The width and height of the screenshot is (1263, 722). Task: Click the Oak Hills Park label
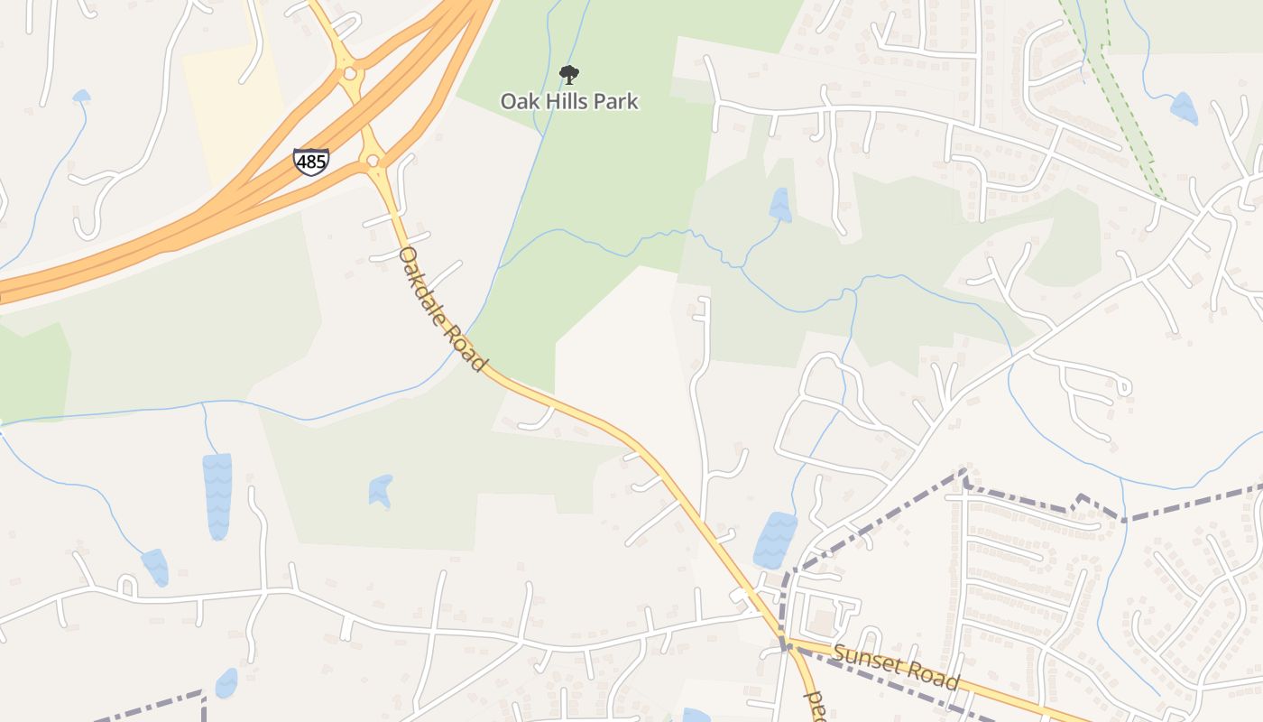point(569,101)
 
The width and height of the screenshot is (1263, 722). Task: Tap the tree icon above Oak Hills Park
point(569,74)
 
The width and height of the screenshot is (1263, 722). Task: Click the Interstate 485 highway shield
point(311,162)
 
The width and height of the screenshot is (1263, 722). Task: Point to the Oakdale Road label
point(443,308)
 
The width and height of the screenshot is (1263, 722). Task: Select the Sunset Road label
point(896,667)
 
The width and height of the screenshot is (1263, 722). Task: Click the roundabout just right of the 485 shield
point(373,162)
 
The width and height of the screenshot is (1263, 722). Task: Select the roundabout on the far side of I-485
point(350,72)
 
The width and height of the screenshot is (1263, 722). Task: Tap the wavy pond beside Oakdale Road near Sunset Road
point(774,540)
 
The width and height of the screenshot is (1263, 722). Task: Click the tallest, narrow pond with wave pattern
point(217,495)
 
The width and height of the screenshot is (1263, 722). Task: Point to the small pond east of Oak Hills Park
point(779,206)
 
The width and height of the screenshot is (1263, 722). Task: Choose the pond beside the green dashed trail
point(1184,108)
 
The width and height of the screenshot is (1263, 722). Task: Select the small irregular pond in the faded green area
point(381,490)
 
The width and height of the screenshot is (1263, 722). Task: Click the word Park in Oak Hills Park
point(616,101)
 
